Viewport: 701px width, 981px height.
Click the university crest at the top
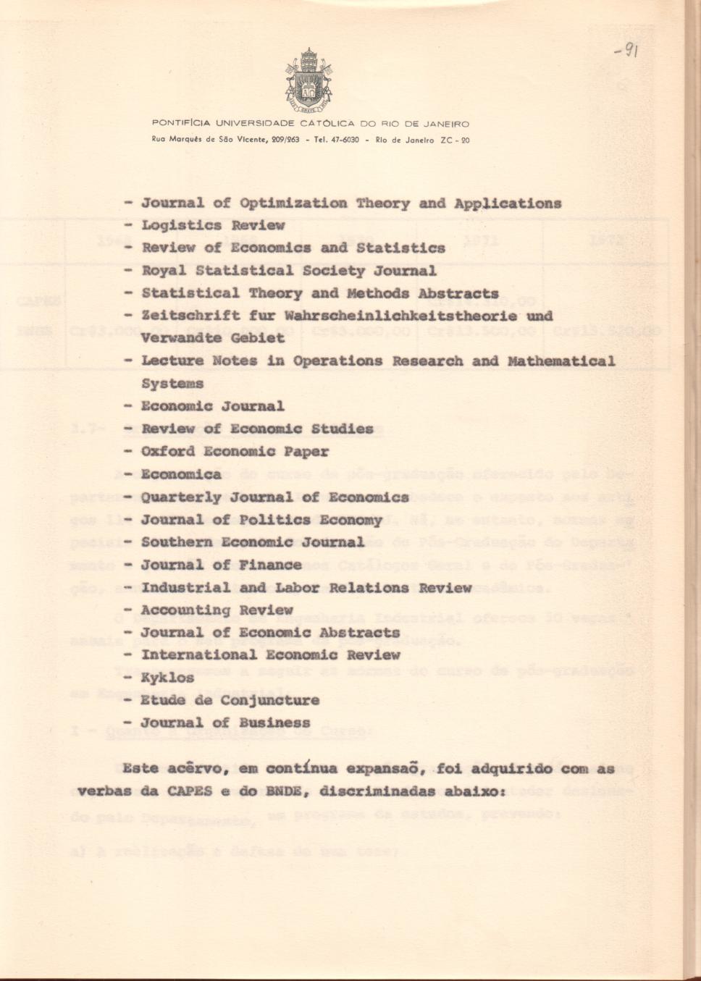(x=308, y=80)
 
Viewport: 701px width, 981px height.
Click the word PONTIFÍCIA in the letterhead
(x=181, y=124)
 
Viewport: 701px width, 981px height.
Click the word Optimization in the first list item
(x=293, y=203)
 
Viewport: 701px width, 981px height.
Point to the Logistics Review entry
(x=213, y=225)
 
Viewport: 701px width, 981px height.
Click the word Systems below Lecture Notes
(x=172, y=384)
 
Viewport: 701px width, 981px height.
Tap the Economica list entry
(x=181, y=475)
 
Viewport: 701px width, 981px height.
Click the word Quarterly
(x=181, y=497)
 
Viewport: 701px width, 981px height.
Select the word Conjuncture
(x=269, y=701)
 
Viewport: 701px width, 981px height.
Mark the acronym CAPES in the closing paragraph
(x=189, y=791)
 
